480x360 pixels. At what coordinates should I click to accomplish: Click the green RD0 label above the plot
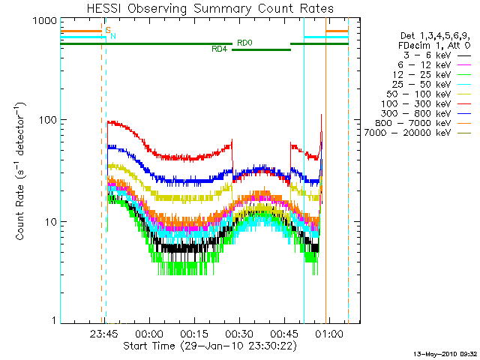[x=244, y=43]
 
